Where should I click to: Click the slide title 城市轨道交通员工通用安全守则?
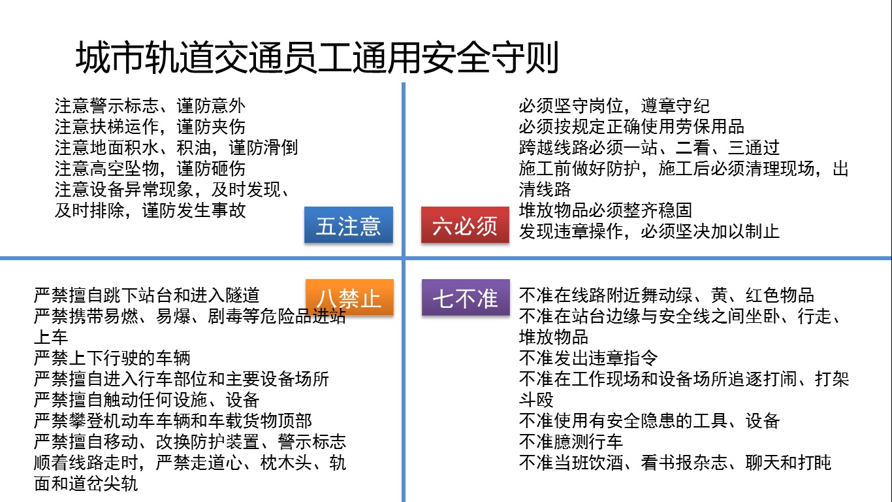pyautogui.click(x=317, y=58)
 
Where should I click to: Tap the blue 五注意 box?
pyautogui.click(x=349, y=226)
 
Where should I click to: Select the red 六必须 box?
pyautogui.click(x=464, y=226)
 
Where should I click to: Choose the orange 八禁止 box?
pyautogui.click(x=349, y=298)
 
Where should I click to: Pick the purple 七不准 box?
pyautogui.click(x=464, y=298)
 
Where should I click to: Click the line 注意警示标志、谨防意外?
pyautogui.click(x=150, y=106)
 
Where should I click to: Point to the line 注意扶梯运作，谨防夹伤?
pyautogui.click(x=150, y=127)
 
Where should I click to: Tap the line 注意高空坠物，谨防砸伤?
pyautogui.click(x=150, y=169)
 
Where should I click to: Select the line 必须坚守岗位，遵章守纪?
pyautogui.click(x=614, y=106)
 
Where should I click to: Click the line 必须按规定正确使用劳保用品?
pyautogui.click(x=631, y=127)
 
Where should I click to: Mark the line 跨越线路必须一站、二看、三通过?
pyautogui.click(x=649, y=148)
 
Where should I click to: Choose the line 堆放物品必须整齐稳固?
pyautogui.click(x=605, y=210)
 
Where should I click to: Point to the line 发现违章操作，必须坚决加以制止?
pyautogui.click(x=649, y=231)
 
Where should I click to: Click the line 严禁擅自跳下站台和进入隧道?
pyautogui.click(x=151, y=295)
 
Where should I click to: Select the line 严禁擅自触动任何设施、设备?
pyautogui.click(x=146, y=400)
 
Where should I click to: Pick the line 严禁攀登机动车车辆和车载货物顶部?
pyautogui.click(x=172, y=421)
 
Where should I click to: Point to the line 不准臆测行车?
pyautogui.click(x=571, y=442)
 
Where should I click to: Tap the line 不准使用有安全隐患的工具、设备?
pyautogui.click(x=649, y=421)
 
